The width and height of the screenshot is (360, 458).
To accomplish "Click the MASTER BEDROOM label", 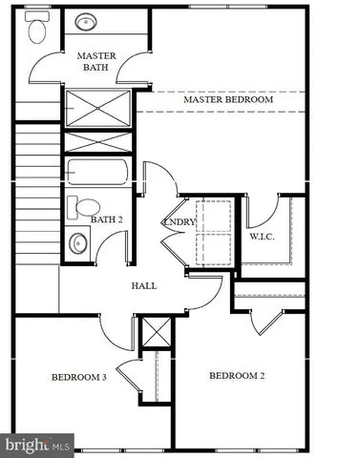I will point(228,99).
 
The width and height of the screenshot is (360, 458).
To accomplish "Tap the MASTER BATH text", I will point(96,61).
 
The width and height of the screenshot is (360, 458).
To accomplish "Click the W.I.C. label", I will point(263,236).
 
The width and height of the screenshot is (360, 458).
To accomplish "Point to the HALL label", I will point(143,285).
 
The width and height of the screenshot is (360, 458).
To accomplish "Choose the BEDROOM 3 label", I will point(78,377).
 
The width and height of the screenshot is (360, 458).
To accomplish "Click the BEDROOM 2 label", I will point(236,375).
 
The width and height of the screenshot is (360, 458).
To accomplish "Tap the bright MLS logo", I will point(37,444).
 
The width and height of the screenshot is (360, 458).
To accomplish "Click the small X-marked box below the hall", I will point(154,333).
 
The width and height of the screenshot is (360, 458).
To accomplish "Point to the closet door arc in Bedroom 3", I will point(129,375).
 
